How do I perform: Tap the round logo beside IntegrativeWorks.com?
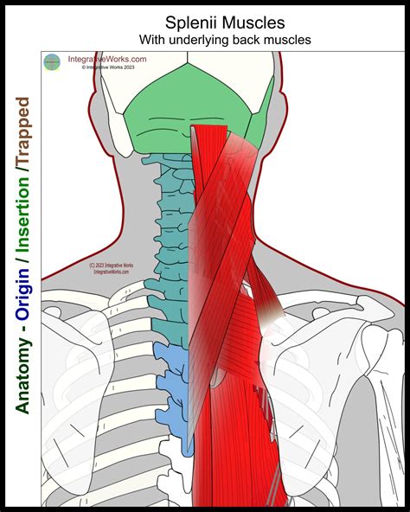point(53,61)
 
